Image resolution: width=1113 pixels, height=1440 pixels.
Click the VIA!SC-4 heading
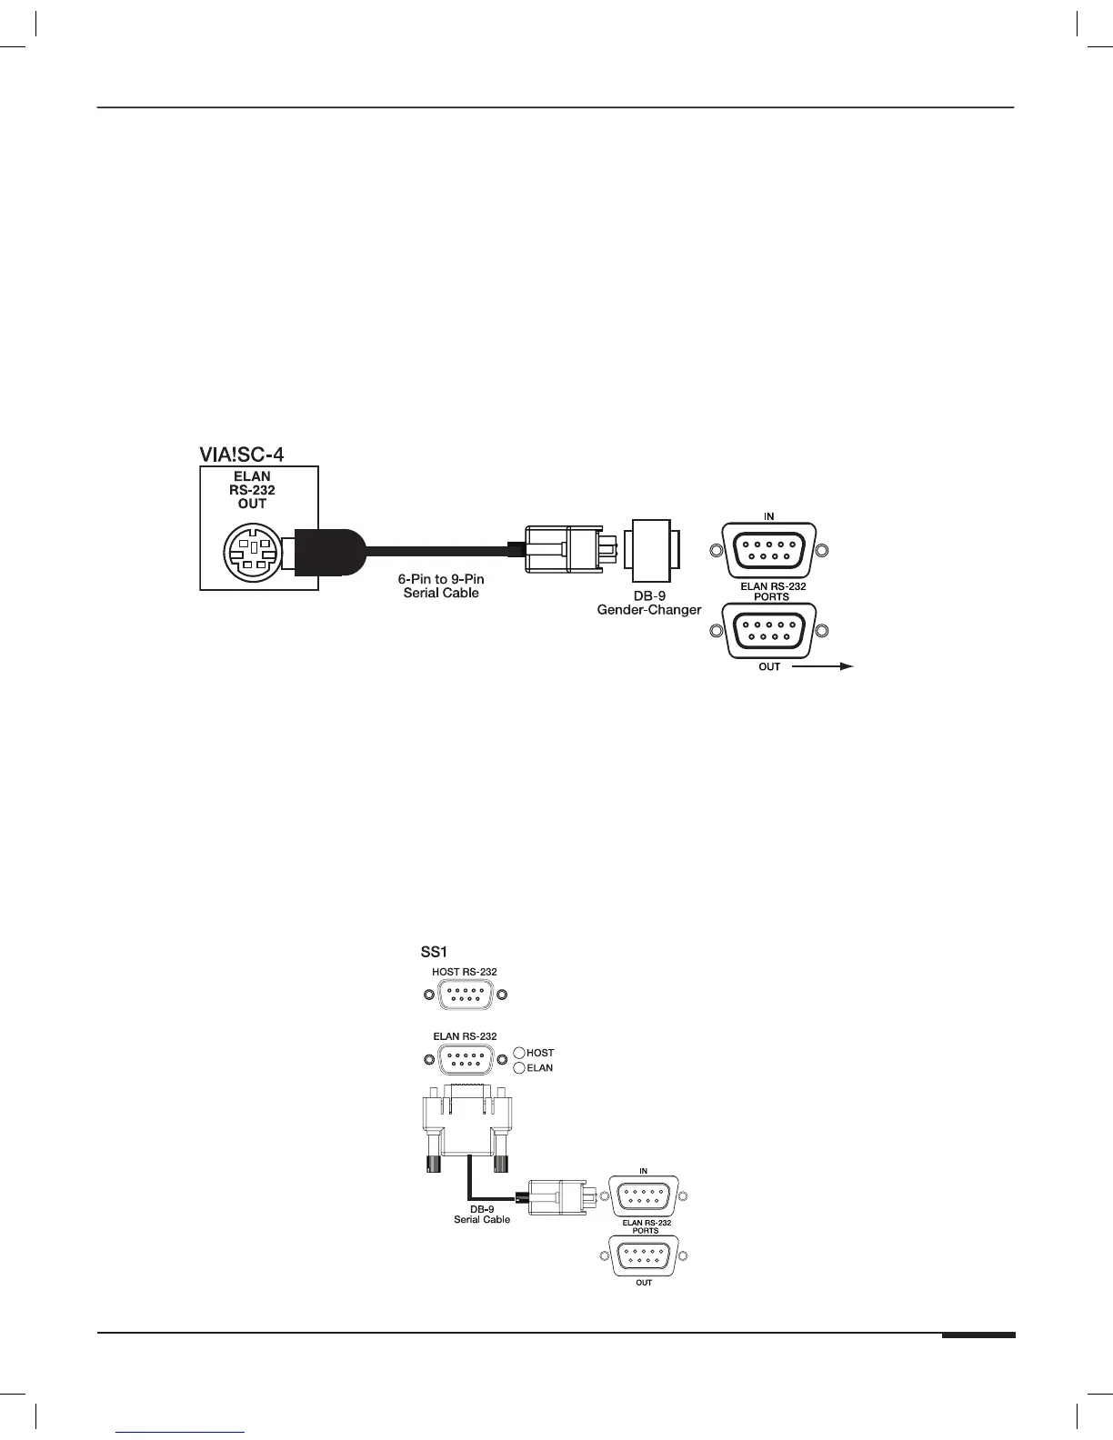pyautogui.click(x=242, y=454)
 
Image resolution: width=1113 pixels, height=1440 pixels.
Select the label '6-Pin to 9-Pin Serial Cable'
pyautogui.click(x=441, y=586)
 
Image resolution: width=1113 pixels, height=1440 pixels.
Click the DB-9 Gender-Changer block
pyautogui.click(x=651, y=549)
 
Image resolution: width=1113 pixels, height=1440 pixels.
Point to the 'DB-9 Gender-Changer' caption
pyautogui.click(x=649, y=603)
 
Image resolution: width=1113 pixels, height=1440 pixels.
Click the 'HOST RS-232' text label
pyautogui.click(x=465, y=972)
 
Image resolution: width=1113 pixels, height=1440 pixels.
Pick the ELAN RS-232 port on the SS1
pyautogui.click(x=466, y=1060)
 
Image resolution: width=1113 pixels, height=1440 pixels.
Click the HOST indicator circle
pyautogui.click(x=519, y=1053)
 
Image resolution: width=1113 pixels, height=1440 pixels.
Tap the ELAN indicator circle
pyautogui.click(x=519, y=1068)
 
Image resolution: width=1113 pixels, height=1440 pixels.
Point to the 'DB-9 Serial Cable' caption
pyautogui.click(x=482, y=1215)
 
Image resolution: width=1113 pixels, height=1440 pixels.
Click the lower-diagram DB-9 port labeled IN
pyautogui.click(x=644, y=1195)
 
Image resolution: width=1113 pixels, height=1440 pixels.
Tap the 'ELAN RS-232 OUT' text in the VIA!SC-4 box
pyautogui.click(x=252, y=490)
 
